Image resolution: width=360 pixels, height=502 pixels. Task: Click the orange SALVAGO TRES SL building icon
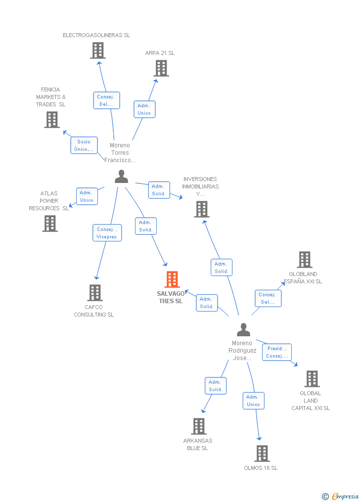172,279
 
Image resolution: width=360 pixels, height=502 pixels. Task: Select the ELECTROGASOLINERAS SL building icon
98,50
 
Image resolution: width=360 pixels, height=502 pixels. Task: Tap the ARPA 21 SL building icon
161,68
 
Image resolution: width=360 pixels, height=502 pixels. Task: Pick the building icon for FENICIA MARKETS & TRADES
52,120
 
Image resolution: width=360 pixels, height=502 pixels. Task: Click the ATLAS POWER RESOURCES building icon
50,224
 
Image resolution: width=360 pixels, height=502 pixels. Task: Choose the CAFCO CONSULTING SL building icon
95,293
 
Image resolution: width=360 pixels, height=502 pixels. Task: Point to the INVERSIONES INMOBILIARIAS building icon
201,209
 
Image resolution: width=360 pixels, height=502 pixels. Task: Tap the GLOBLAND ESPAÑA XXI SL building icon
305,260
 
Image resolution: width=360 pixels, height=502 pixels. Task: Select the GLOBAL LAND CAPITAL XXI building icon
312,379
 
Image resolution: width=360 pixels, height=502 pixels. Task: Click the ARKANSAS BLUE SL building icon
199,426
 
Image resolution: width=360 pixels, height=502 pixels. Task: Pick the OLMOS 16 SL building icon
262,453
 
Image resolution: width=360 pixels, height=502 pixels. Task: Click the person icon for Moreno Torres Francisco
121,177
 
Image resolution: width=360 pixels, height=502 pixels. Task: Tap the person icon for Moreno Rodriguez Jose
243,329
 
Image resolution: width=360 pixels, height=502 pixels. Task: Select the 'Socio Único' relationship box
84,145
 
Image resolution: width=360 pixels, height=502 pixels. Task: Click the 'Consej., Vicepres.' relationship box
107,233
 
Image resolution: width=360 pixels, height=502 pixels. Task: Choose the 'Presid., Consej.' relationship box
277,352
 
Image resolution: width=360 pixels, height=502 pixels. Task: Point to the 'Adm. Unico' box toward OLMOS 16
253,401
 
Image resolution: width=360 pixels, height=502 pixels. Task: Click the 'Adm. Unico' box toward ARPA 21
144,109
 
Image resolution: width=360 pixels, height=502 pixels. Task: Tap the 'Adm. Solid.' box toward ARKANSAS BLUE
216,386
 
